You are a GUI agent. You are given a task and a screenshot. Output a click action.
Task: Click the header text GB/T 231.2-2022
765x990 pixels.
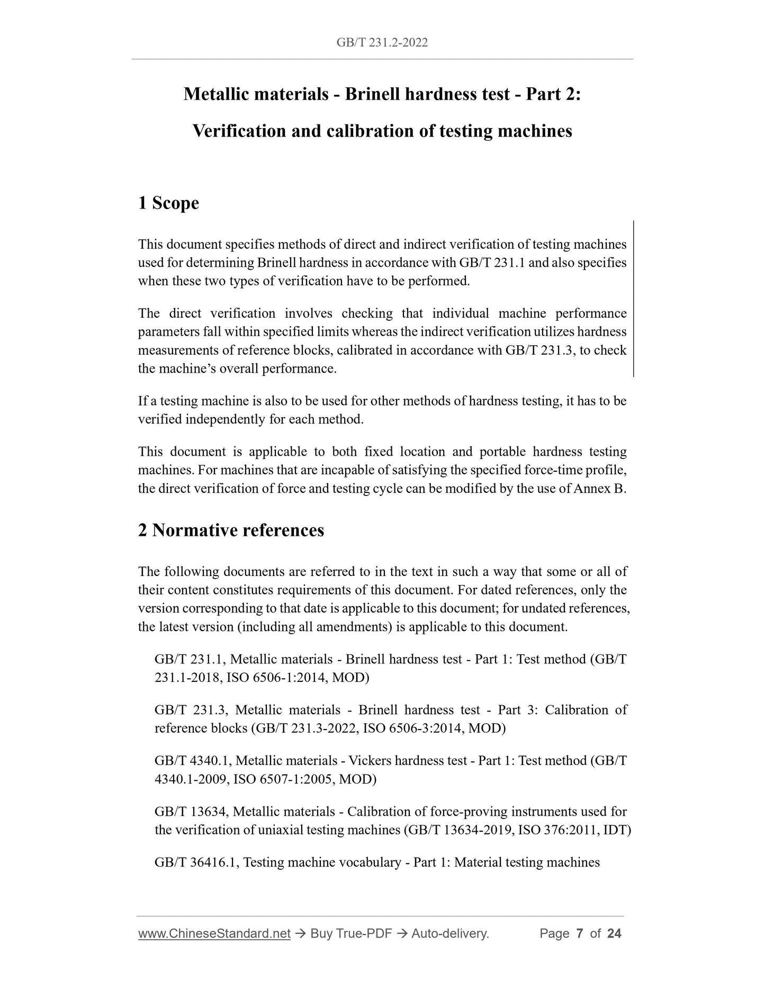(x=382, y=42)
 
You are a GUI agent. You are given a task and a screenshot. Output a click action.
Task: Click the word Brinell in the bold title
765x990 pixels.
(x=373, y=94)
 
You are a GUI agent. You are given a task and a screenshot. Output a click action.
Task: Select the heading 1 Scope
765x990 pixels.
(x=168, y=203)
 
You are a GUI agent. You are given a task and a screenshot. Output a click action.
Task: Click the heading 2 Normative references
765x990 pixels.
(x=231, y=530)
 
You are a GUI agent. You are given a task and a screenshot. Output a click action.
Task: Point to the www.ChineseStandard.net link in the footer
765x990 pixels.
(x=214, y=933)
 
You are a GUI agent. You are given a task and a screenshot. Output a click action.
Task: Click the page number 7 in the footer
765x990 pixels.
(x=580, y=933)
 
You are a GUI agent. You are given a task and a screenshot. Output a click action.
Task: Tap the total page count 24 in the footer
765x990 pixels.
(x=614, y=933)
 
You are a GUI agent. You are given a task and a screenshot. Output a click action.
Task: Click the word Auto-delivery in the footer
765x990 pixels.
(x=449, y=933)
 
